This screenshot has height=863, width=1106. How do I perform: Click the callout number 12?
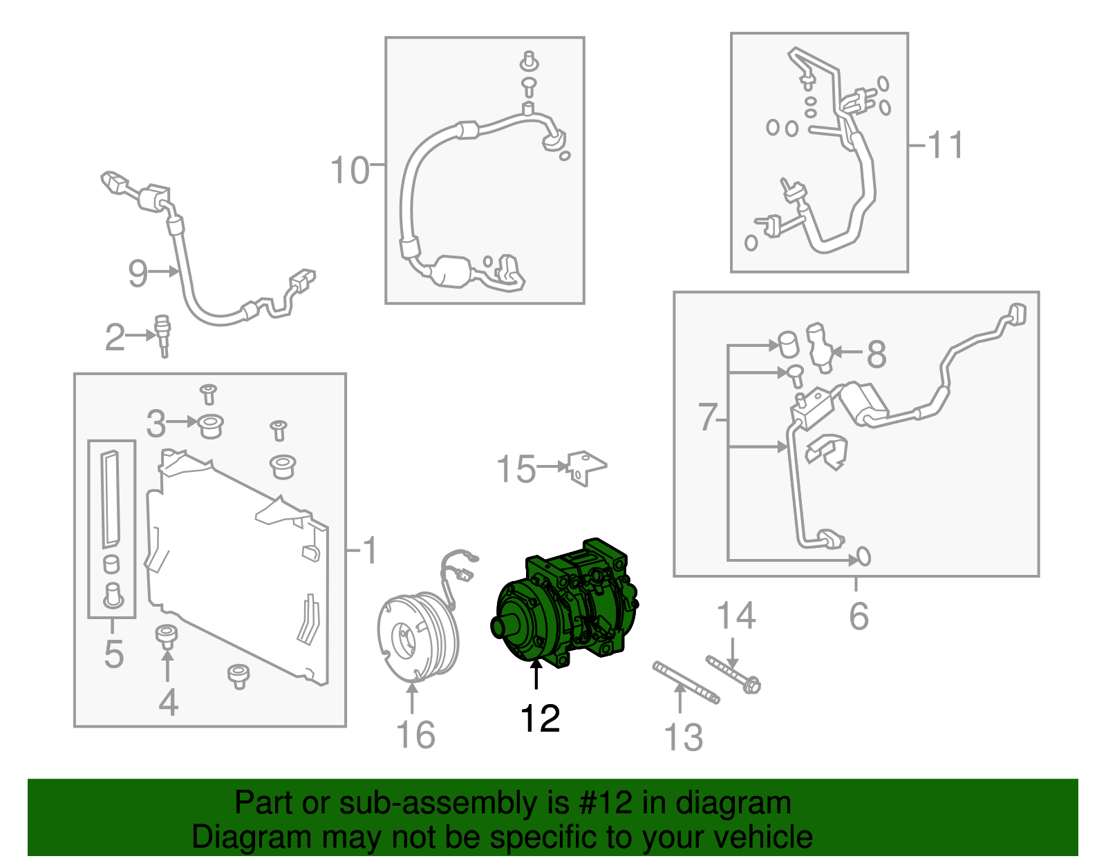(x=540, y=719)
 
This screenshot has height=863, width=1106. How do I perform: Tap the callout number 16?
(x=415, y=735)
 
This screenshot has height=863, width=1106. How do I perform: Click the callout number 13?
(x=683, y=737)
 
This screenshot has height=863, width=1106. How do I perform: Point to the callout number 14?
(x=735, y=616)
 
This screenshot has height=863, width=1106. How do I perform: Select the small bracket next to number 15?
(x=586, y=468)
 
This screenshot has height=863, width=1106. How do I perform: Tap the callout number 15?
(x=516, y=469)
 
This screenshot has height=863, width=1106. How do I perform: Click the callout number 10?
(x=350, y=170)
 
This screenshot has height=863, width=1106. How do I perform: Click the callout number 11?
(x=945, y=146)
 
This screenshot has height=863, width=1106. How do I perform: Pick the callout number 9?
(x=138, y=273)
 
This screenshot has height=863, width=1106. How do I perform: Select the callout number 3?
(x=156, y=424)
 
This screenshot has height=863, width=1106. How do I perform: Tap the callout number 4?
(x=168, y=703)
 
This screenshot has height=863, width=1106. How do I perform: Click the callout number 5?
(x=113, y=654)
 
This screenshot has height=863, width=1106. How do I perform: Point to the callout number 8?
(x=876, y=354)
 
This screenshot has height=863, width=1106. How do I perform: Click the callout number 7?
(x=707, y=417)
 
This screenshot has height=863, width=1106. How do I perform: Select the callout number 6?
(x=858, y=616)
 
